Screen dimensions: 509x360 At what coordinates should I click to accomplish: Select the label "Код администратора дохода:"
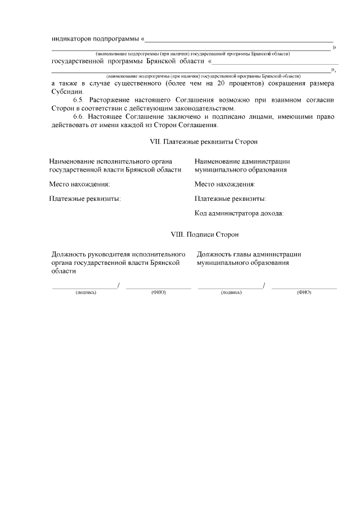(x=239, y=213)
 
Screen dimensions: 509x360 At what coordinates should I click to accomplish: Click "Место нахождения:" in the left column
(x=79, y=184)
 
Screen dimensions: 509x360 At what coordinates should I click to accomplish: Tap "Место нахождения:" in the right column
(x=225, y=184)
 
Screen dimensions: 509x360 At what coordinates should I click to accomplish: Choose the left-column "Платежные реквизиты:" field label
(x=85, y=199)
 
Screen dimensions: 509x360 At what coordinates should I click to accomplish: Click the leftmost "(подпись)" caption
(x=85, y=292)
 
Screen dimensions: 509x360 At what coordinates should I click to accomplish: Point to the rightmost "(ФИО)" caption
(x=304, y=292)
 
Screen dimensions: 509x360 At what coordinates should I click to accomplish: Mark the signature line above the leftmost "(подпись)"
(x=84, y=288)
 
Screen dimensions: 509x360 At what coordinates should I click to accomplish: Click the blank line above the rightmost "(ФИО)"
(x=304, y=288)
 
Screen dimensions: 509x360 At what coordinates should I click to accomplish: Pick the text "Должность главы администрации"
(x=249, y=254)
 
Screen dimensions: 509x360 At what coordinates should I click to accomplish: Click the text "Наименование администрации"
(x=242, y=161)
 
